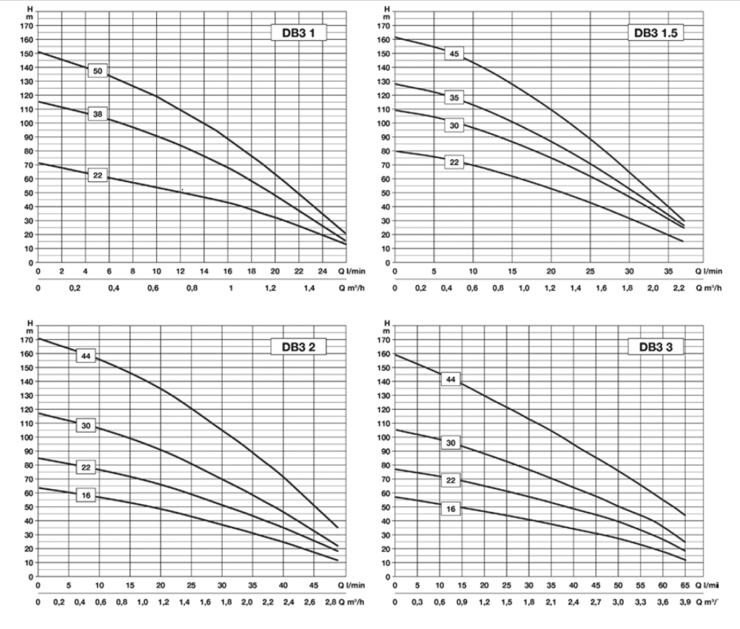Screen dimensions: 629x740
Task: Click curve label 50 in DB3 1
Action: pyautogui.click(x=98, y=71)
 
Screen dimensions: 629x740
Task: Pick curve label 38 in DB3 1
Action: pyautogui.click(x=98, y=114)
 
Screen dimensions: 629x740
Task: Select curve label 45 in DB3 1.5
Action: pyautogui.click(x=454, y=53)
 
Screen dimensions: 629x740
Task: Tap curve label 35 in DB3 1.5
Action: pyautogui.click(x=454, y=98)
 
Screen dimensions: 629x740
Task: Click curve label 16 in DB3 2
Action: pyautogui.click(x=87, y=495)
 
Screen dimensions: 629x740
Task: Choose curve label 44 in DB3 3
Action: pyautogui.click(x=450, y=380)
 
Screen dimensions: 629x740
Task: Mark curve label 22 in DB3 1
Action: pyautogui.click(x=98, y=175)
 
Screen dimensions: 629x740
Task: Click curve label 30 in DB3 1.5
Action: pyautogui.click(x=454, y=126)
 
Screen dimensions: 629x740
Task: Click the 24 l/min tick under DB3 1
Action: pyautogui.click(x=322, y=271)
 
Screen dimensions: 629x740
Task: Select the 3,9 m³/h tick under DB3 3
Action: pyautogui.click(x=684, y=602)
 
